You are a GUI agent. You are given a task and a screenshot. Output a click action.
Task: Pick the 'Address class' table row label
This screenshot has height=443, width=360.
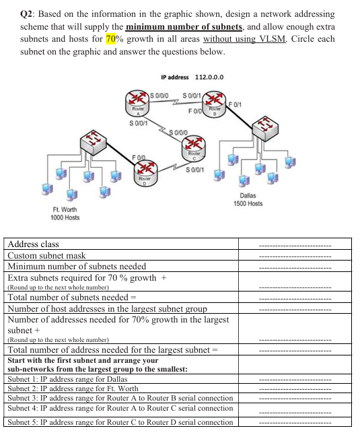(34, 244)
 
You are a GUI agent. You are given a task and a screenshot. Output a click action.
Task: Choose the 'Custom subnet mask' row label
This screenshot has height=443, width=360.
(46, 255)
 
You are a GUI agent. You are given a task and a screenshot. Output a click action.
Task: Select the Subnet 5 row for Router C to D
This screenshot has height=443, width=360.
(120, 422)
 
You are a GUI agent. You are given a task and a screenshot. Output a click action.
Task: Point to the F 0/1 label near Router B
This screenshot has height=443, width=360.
(238, 102)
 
